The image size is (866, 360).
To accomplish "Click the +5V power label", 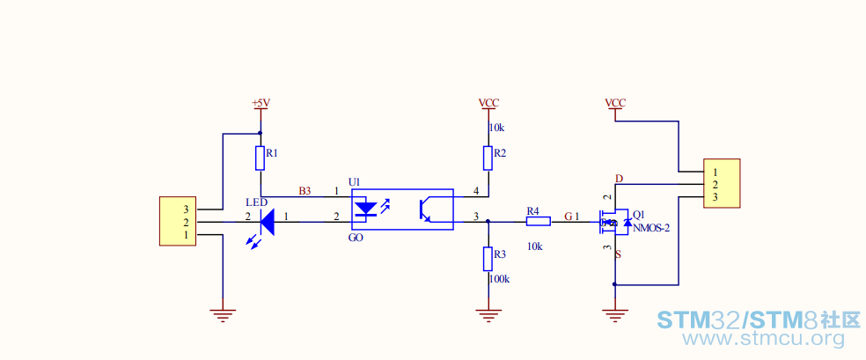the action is [261, 103].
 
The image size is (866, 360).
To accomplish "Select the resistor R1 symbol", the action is [261, 158].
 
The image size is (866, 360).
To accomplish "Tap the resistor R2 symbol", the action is [488, 158].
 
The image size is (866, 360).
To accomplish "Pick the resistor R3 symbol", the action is [488, 259].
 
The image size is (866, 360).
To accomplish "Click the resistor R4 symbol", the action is [538, 222].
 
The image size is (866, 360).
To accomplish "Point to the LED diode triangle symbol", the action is [268, 222].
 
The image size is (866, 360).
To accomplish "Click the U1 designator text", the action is [354, 182].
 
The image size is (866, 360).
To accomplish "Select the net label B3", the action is [305, 191].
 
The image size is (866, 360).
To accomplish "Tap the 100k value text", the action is [499, 279].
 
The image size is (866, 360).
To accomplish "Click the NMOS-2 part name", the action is [651, 227].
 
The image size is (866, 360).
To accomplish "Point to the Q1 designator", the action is [638, 214].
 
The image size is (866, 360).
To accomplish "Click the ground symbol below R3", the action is [488, 315].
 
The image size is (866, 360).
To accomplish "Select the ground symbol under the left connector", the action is [223, 315].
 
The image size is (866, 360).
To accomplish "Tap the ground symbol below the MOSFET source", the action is [614, 315].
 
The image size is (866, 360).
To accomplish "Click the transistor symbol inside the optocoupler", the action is [426, 209].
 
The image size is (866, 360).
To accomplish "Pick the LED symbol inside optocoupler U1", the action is [365, 209].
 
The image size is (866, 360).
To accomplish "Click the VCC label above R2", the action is [488, 103].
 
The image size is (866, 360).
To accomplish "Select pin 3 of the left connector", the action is [186, 209].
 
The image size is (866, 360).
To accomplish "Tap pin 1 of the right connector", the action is [715, 172].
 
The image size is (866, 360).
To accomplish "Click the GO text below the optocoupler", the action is [356, 238].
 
